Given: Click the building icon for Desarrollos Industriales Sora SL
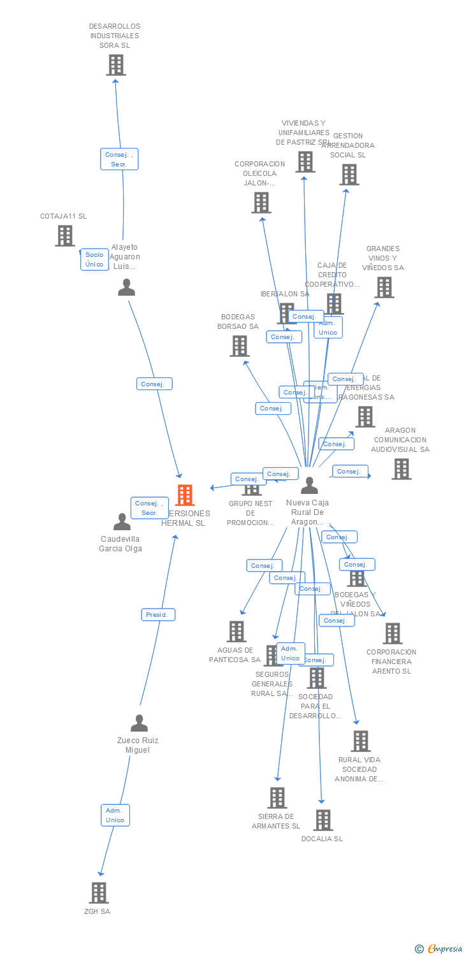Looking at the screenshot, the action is tap(115, 65).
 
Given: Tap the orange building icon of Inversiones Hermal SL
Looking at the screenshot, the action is tap(184, 495).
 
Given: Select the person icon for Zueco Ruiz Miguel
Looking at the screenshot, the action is tap(139, 723).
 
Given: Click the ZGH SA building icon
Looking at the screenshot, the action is tap(98, 892).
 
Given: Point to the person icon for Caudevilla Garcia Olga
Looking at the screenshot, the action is tap(122, 522).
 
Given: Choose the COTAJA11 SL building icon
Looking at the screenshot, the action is tap(64, 235).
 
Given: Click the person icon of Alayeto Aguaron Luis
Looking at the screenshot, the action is tap(127, 287).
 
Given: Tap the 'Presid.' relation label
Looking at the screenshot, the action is tap(157, 615).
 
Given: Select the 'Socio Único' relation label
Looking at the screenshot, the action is tap(94, 259).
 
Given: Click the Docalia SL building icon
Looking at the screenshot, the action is tap(323, 820).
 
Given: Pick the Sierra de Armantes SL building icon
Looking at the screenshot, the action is tap(277, 797).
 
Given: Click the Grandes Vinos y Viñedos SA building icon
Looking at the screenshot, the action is tap(384, 287).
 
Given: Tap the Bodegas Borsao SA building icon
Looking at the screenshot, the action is tap(239, 345).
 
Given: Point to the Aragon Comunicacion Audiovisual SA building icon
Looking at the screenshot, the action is tap(401, 468).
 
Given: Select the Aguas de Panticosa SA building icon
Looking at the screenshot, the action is tap(236, 631).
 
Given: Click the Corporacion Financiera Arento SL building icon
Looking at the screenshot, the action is tap(392, 633).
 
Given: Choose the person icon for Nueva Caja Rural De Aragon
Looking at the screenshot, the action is tap(309, 486).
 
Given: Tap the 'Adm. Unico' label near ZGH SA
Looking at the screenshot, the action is tap(115, 815).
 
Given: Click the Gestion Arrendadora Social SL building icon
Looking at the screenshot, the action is tap(349, 174).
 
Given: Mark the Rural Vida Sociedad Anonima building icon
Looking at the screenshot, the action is tap(360, 741).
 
